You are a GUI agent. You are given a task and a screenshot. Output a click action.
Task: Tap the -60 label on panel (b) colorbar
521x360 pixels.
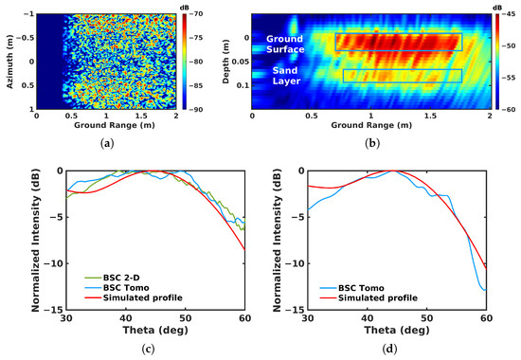498,110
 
